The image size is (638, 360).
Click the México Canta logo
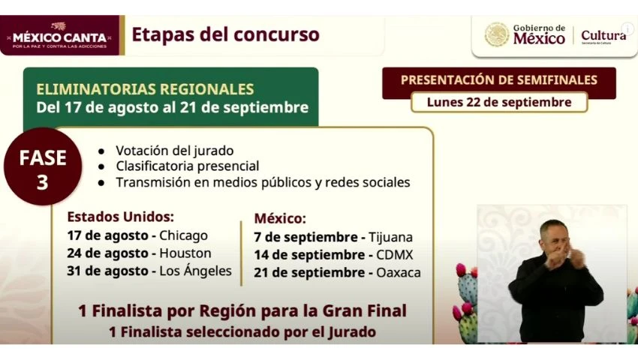[x=59, y=36]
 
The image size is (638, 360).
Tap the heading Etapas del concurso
[x=225, y=34]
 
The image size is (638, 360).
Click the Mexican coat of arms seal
[x=496, y=35]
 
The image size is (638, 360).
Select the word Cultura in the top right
[x=603, y=35]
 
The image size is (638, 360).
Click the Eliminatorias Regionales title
[x=145, y=89]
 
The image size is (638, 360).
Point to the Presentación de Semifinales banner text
[x=499, y=79]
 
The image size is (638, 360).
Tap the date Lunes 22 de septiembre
[x=499, y=102]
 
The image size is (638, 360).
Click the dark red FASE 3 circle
[x=43, y=166]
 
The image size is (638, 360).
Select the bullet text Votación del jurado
[x=175, y=151]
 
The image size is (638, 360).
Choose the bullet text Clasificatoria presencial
[x=187, y=166]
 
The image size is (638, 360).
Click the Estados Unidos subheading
[x=120, y=217]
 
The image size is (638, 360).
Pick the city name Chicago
[x=183, y=235]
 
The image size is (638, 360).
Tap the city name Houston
[x=185, y=253]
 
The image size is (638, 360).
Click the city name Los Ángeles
[x=195, y=271]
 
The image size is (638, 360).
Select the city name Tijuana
[x=390, y=237]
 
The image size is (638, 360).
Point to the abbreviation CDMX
[x=394, y=255]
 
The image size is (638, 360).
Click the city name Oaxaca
[x=399, y=272]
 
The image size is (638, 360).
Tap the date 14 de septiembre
[x=310, y=255]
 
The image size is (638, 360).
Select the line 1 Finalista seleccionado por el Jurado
[x=242, y=332]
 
